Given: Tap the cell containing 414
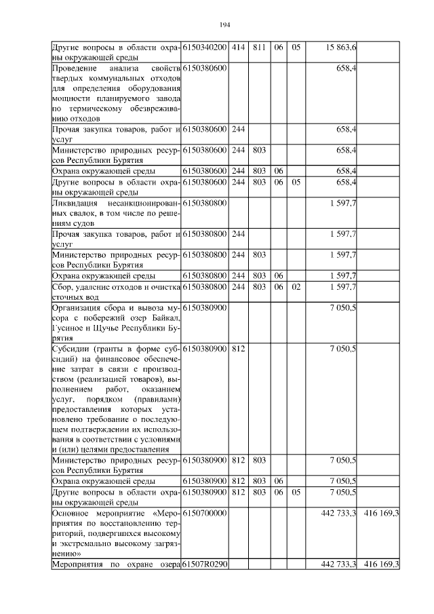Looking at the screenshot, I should (238, 47).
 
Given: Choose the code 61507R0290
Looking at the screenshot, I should (205, 565).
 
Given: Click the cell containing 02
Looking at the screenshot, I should (296, 288).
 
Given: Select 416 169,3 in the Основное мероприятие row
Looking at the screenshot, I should (381, 514).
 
